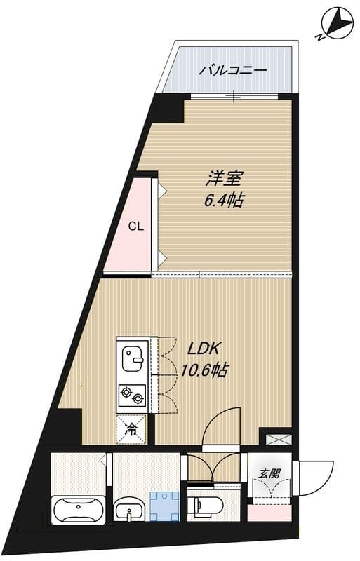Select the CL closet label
click(x=136, y=227)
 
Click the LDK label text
click(x=204, y=348)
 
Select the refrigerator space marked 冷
click(x=131, y=430)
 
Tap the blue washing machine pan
click(x=165, y=505)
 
